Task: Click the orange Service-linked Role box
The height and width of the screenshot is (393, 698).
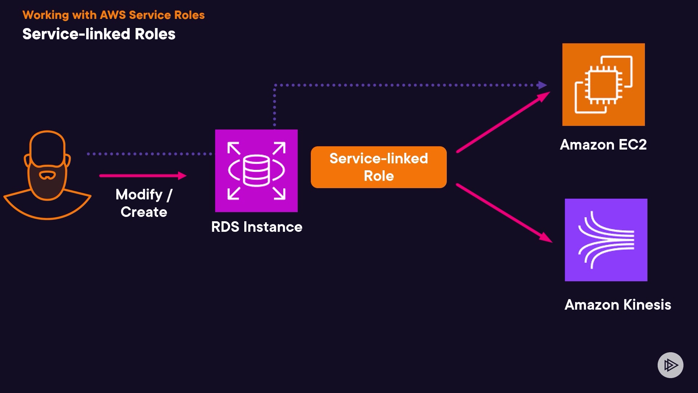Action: (378, 167)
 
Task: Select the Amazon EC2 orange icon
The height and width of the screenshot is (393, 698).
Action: (603, 84)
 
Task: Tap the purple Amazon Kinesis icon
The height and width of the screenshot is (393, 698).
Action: (606, 240)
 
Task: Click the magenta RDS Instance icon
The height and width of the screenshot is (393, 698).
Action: (256, 171)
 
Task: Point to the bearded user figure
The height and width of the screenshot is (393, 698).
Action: (47, 175)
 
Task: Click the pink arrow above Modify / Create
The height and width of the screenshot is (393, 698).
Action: (143, 176)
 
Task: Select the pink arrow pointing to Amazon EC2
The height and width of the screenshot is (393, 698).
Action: (504, 122)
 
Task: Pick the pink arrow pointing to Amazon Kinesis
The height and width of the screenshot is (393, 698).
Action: (504, 213)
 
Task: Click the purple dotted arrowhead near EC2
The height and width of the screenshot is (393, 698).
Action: (542, 85)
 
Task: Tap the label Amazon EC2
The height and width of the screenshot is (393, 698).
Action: (603, 144)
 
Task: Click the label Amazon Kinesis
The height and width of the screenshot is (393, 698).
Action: (618, 305)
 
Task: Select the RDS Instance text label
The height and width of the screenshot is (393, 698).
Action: (257, 227)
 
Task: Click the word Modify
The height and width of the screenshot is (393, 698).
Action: (139, 195)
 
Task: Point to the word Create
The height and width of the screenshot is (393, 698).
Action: (144, 212)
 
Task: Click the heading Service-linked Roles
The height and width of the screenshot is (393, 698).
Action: (99, 34)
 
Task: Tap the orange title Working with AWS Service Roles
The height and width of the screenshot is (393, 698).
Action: (113, 15)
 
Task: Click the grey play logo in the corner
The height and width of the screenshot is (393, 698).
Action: (670, 365)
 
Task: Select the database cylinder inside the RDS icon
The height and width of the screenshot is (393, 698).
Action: (256, 170)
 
